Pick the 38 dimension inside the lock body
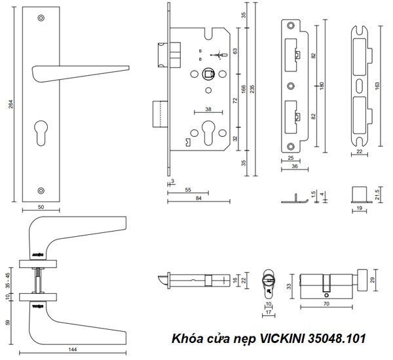click(x=208, y=109)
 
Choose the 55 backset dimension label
click(x=189, y=189)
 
